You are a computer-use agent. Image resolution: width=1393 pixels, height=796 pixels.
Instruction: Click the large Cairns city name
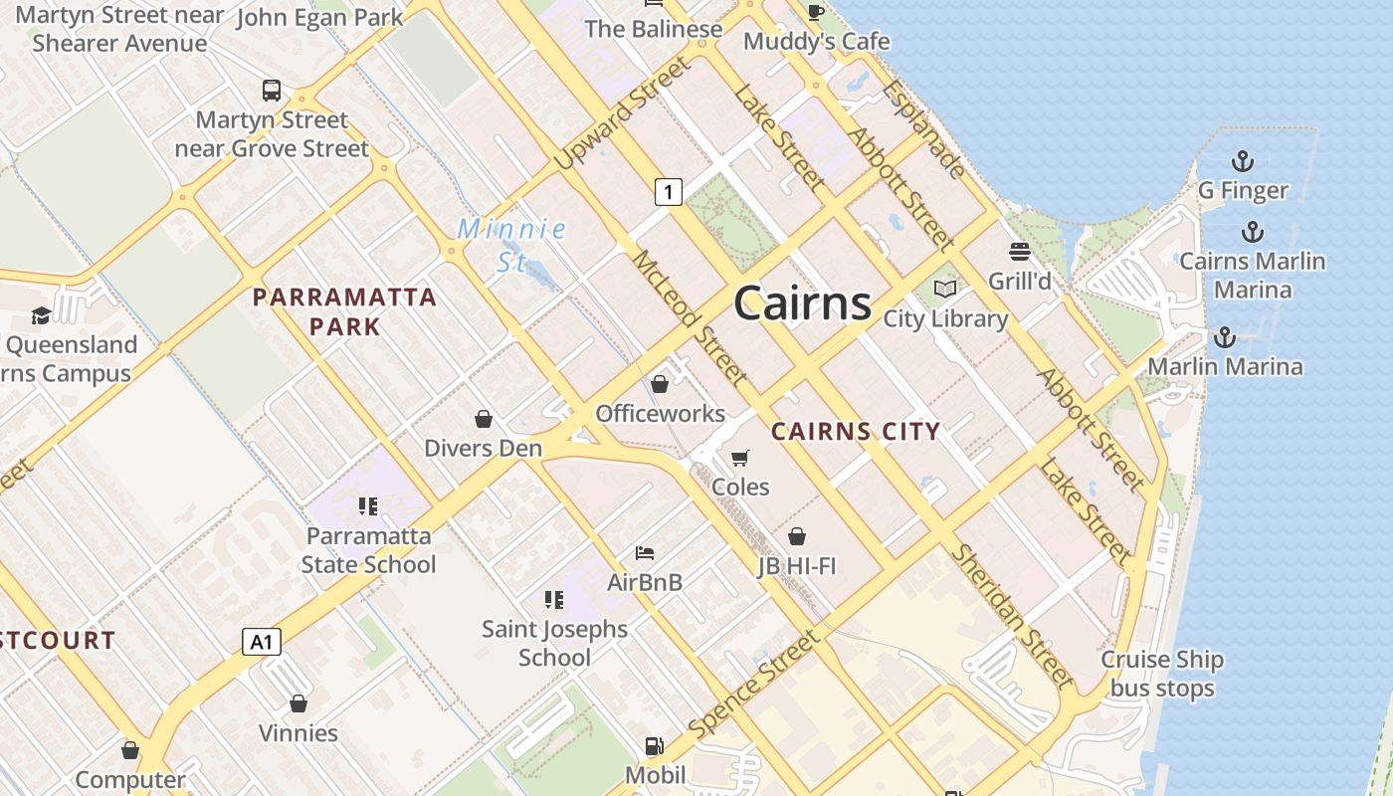(x=802, y=303)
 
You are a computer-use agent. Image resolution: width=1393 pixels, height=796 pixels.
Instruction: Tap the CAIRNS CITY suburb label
(x=856, y=432)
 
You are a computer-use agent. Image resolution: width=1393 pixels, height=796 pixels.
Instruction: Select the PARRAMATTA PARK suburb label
(x=344, y=311)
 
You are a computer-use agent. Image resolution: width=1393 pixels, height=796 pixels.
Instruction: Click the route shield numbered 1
(x=669, y=192)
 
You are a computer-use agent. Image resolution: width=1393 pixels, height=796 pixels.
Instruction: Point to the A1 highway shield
(x=262, y=642)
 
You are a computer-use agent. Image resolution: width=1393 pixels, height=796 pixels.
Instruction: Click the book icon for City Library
(x=945, y=290)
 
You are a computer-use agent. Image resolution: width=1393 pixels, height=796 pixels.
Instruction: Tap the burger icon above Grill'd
(x=1020, y=252)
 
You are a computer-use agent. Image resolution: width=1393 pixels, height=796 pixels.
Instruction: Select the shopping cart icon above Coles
(x=739, y=458)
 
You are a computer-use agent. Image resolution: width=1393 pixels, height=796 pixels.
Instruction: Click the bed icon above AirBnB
(x=645, y=553)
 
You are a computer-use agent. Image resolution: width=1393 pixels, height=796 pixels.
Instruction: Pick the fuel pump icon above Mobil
(x=655, y=746)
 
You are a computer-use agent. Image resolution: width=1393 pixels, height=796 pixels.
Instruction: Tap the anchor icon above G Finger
(x=1242, y=160)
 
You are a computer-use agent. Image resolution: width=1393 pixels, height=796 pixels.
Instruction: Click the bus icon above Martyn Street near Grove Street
(x=272, y=91)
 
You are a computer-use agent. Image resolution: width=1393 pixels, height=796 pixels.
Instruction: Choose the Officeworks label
(x=660, y=413)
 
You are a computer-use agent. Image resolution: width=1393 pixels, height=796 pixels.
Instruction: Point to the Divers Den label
(x=484, y=448)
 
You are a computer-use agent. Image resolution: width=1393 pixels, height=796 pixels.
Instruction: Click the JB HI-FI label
(x=796, y=566)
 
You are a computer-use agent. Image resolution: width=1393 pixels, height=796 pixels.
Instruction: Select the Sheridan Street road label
(x=1012, y=617)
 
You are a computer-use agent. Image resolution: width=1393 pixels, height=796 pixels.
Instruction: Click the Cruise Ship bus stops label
(x=1162, y=674)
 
